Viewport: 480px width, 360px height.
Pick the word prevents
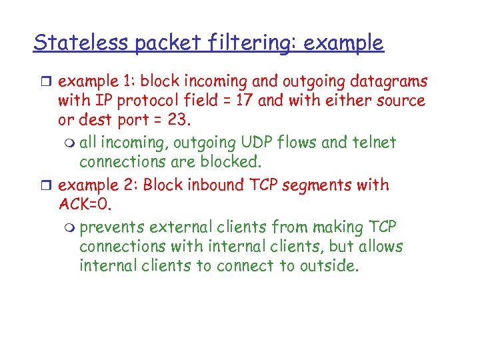[x=111, y=227]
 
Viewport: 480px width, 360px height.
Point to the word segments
[x=314, y=185]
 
